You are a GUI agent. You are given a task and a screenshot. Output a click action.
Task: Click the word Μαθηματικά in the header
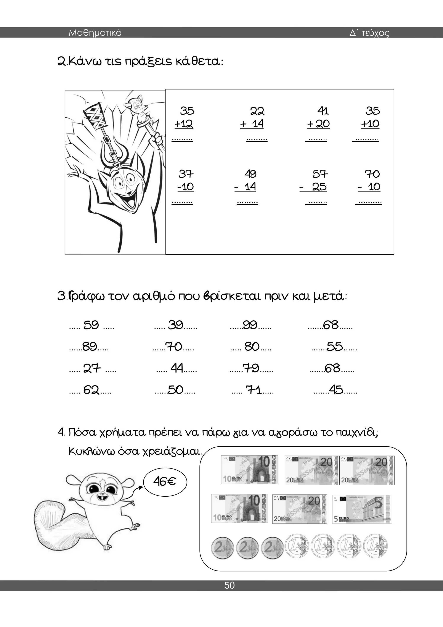point(95,33)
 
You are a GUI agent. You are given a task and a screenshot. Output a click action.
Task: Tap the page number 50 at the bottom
point(230,585)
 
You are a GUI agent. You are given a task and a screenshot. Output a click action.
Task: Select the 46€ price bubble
point(165,481)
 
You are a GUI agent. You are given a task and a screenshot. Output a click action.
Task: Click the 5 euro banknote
point(362,509)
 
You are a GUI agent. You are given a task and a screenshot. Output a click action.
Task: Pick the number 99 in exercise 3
point(250,325)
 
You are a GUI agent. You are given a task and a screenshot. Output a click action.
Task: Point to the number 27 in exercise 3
point(92,369)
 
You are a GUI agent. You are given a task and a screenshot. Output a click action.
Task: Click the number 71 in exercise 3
point(254,390)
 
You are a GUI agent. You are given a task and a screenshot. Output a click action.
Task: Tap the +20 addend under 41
point(318,124)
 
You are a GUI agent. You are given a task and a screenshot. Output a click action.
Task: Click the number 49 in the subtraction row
point(250,174)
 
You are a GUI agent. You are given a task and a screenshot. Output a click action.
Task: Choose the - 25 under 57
point(314,187)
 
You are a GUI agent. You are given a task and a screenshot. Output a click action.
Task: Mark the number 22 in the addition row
point(257,111)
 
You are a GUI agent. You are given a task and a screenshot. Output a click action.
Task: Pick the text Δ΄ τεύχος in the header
point(369,33)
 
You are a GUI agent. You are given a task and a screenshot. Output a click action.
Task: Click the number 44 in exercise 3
point(177,368)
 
